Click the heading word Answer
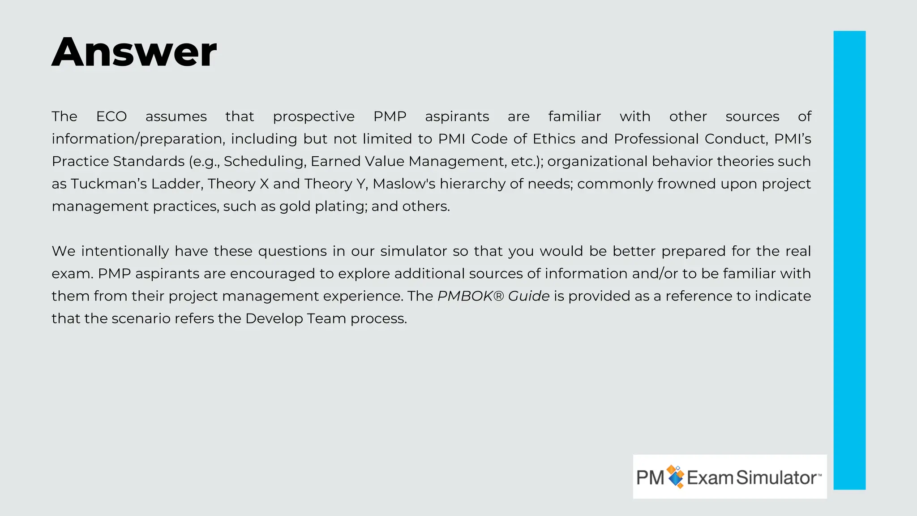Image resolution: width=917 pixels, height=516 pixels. click(134, 52)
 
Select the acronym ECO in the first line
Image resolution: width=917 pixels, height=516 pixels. click(111, 116)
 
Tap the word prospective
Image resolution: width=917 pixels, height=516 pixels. click(313, 117)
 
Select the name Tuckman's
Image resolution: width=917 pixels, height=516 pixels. click(108, 184)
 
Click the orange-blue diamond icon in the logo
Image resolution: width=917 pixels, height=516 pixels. click(675, 477)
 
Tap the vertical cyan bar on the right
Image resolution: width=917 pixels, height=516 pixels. click(849, 260)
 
